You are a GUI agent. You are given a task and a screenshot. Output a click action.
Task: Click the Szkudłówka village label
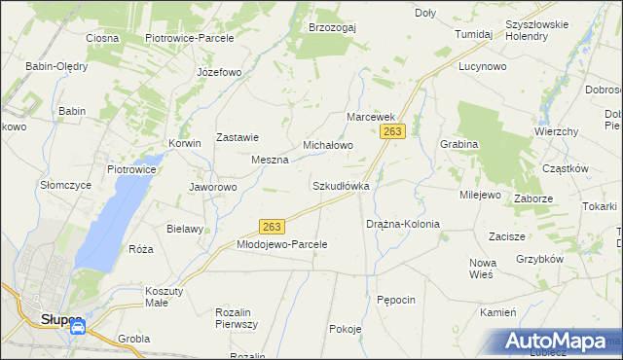click(340, 185)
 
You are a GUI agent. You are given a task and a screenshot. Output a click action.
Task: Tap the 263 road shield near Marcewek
click(393, 130)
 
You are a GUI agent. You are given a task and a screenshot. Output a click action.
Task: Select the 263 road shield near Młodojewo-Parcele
click(273, 226)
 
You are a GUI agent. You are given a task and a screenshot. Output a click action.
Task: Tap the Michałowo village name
click(327, 145)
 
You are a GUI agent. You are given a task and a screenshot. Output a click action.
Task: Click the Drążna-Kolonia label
click(402, 224)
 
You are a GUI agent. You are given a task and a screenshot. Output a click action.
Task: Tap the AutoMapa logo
click(563, 341)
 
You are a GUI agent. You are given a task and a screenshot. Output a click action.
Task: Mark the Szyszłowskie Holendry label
click(540, 29)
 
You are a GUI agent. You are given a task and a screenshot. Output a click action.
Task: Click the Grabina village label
click(458, 144)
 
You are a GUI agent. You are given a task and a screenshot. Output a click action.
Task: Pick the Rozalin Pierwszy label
click(236, 318)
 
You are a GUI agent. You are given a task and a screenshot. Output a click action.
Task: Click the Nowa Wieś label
click(483, 269)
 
